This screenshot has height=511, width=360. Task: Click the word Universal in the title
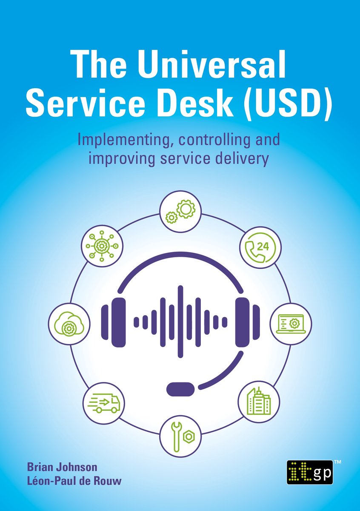[x=211, y=64]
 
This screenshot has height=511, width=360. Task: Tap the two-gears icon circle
[x=180, y=212]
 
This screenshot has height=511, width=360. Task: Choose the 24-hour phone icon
[x=260, y=247]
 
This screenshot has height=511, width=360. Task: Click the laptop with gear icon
[x=291, y=324]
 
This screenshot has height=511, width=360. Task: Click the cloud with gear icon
[x=69, y=324]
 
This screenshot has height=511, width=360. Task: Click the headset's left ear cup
[x=118, y=322]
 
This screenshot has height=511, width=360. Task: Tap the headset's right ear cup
[x=243, y=322]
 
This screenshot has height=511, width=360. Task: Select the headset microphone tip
[x=180, y=389]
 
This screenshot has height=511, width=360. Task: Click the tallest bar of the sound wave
[x=180, y=322]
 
